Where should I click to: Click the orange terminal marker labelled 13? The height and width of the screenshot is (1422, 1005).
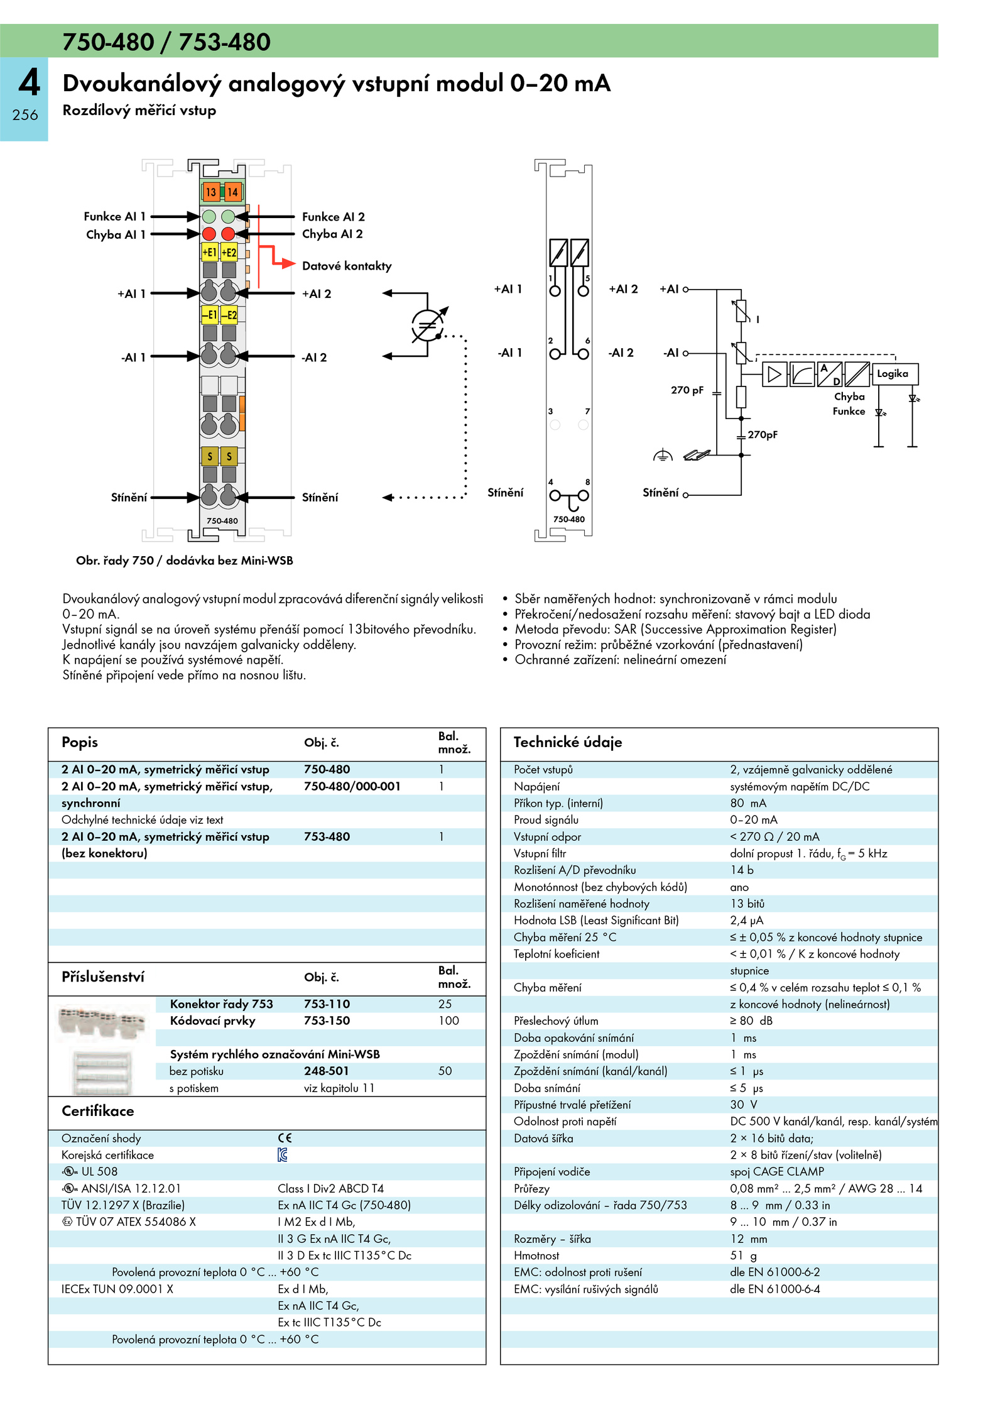210,192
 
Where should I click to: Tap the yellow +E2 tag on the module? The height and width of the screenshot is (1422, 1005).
229,253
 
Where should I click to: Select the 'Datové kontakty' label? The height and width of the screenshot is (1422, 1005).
346,266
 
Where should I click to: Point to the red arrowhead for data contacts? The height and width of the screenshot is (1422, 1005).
288,263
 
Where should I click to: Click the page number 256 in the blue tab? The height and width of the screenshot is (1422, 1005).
25,115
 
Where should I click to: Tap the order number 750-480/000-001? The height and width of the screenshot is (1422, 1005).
352,786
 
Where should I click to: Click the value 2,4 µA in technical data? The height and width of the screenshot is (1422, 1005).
747,920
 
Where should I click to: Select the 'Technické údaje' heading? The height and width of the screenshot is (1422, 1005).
567,742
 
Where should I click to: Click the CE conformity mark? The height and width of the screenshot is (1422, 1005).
285,1138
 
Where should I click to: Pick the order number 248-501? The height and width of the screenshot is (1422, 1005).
326,1071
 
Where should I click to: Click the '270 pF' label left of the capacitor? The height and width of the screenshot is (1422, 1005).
687,390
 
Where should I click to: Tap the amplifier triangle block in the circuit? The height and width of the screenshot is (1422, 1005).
774,375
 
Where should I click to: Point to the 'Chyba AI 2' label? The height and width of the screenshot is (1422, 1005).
332,234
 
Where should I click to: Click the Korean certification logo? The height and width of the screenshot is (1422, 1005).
283,1154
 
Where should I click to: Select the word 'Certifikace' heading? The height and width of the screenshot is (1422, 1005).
97,1111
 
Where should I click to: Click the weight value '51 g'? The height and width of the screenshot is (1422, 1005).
743,1255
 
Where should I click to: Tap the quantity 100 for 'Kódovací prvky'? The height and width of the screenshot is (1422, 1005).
448,1020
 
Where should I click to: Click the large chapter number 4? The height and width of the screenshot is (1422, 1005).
29,83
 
